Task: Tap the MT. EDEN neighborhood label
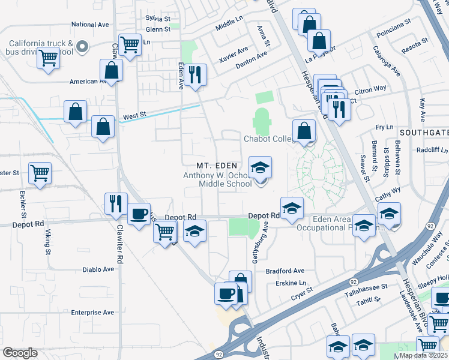coord(218,166)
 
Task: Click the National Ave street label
coord(90,25)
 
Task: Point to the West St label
coord(134,114)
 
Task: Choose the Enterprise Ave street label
coord(92,313)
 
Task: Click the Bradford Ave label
coord(285,271)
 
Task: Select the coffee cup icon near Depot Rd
coord(139,214)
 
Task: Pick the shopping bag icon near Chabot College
coord(304,130)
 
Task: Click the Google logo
coord(20,353)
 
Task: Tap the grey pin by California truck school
coord(83,46)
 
